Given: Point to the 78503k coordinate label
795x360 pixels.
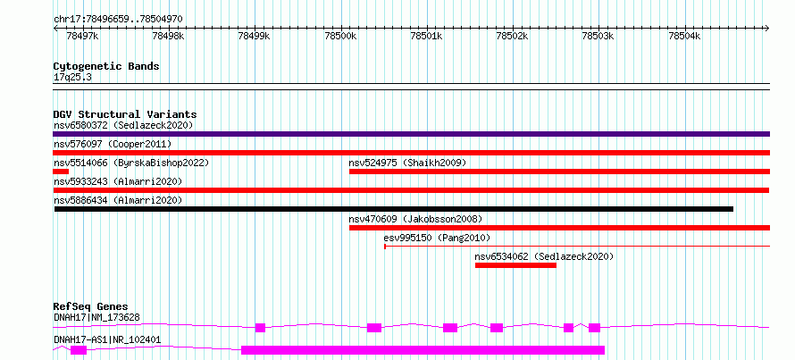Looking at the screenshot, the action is [598, 37].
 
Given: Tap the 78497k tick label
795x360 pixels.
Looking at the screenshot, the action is [83, 37].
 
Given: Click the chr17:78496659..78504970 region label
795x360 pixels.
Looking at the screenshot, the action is [118, 20].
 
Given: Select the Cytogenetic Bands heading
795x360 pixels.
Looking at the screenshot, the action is [106, 66].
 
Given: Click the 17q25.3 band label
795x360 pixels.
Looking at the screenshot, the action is [72, 78].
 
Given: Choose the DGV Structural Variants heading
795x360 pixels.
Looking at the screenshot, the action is [125, 114].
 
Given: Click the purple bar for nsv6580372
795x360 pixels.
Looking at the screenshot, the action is [411, 134].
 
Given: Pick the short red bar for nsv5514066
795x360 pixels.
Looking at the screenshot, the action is [61, 172].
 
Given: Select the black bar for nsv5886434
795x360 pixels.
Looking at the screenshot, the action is [393, 209].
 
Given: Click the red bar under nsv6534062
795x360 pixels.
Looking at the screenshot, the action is [515, 265].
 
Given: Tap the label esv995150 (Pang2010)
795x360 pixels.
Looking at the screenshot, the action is [437, 238].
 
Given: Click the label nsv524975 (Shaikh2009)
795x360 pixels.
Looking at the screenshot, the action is [407, 163].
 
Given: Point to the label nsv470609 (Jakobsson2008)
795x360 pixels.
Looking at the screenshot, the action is [415, 219].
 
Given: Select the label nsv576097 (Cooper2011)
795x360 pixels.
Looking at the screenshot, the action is [113, 144].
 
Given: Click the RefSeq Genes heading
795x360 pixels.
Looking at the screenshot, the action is [90, 306].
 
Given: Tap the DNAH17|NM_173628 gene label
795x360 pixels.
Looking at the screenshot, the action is [96, 318].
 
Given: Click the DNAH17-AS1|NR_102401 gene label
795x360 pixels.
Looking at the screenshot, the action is [107, 339].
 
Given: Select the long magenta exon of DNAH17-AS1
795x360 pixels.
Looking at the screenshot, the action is [423, 350].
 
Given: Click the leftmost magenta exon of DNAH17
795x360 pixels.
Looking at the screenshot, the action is [260, 328].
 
